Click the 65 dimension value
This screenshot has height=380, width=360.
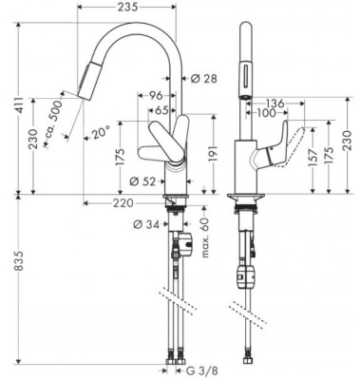162,110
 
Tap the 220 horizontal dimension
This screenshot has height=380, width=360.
120,202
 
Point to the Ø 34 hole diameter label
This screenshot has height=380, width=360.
146,224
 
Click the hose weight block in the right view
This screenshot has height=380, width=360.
244,278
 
